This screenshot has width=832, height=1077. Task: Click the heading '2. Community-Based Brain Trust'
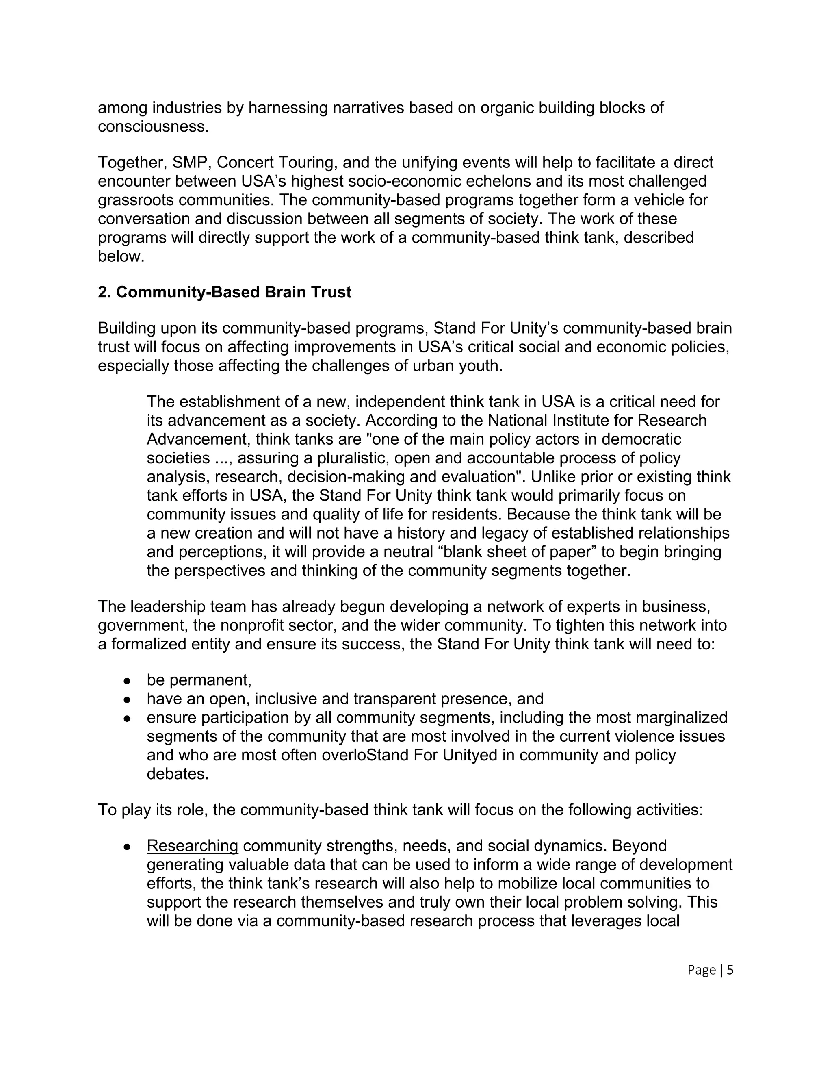[224, 293]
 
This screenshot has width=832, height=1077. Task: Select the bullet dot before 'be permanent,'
[127, 682]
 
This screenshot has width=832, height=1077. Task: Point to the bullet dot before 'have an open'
[127, 700]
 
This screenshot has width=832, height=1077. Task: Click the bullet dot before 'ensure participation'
[127, 719]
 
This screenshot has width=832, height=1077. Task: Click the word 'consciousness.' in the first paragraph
[154, 127]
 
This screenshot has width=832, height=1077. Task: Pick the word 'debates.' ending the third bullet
[178, 774]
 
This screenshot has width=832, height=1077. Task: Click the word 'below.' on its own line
[121, 256]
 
